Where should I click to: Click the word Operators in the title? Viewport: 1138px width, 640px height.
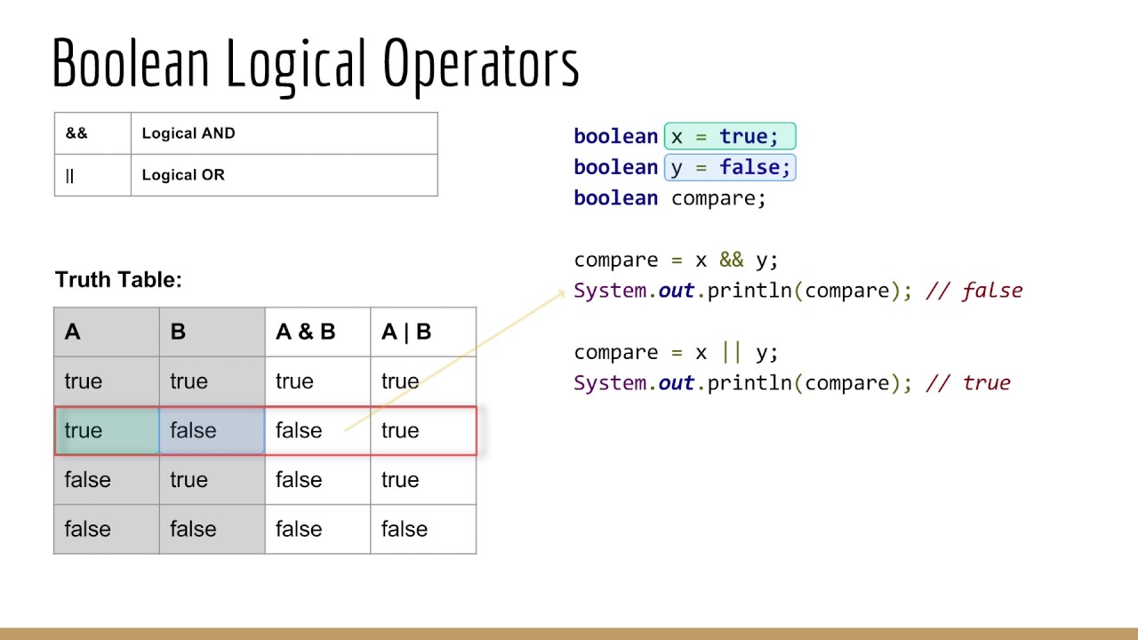coord(481,64)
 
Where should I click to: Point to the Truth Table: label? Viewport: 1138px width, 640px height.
coord(118,280)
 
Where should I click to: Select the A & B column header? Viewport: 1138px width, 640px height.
coord(306,332)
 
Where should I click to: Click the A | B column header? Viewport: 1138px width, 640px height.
coord(406,332)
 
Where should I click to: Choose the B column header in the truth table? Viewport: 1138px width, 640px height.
coord(178,332)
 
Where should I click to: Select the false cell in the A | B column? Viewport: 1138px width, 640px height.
coord(405,530)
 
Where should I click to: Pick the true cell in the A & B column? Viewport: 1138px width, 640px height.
coord(294,382)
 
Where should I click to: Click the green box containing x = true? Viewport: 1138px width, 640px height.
coord(729,137)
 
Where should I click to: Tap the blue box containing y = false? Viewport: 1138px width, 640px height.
coord(729,167)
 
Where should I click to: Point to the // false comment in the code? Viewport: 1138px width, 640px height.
coord(974,291)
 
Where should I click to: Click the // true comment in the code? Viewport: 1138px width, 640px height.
coord(968,383)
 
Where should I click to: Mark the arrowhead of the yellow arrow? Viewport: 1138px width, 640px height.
coord(561,291)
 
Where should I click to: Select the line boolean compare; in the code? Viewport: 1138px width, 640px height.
coord(669,198)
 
